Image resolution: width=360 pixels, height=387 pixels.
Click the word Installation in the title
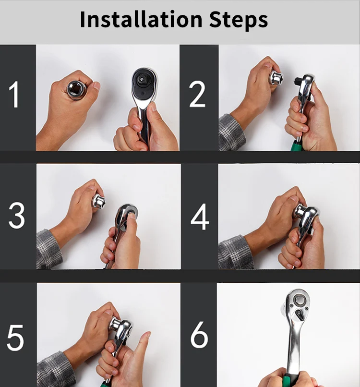point(141,19)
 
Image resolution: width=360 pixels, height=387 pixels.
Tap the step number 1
point(14,95)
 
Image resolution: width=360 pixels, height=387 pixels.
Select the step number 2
point(197,94)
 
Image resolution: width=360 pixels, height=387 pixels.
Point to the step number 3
point(16,216)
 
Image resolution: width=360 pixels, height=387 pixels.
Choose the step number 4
point(200,217)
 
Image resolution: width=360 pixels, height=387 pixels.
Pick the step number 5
point(15,338)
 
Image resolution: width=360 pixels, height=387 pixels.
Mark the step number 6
point(199,335)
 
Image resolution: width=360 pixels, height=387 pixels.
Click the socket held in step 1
point(76,90)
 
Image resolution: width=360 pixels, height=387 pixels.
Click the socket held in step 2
point(276,78)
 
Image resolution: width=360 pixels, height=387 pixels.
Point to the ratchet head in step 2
point(305,85)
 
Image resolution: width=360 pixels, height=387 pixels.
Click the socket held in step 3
point(99,201)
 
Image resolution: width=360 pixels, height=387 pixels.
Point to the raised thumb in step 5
point(142,346)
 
